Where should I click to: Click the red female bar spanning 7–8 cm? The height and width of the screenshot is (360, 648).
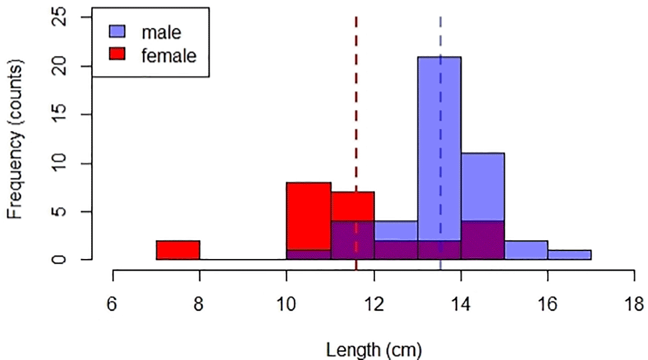click(178, 250)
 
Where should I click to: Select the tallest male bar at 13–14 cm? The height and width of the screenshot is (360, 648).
click(439, 137)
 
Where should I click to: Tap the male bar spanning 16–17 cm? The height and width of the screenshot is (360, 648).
click(570, 255)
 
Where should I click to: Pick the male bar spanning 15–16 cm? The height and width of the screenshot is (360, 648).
click(526, 250)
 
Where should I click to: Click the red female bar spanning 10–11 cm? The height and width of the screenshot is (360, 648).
click(308, 220)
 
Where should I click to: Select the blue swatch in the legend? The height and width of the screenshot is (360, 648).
click(118, 31)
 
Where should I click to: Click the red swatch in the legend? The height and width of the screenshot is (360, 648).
click(118, 54)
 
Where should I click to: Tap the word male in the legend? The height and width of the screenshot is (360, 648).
click(161, 32)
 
